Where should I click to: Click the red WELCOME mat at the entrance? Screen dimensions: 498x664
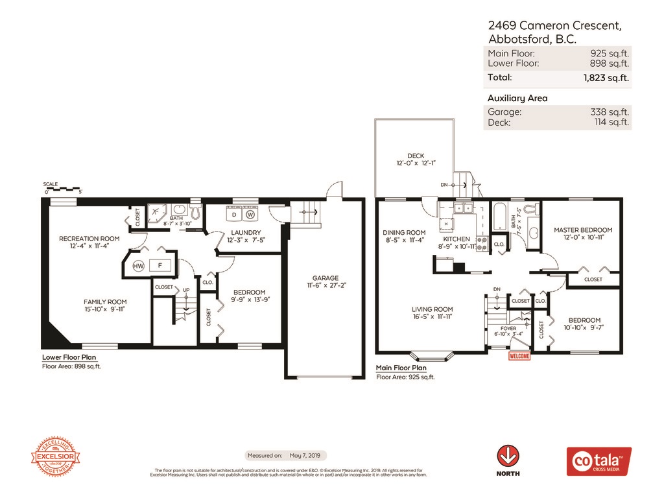pyautogui.click(x=519, y=356)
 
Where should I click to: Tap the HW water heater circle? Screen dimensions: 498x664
pyautogui.click(x=138, y=266)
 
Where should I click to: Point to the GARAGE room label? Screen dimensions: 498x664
pyautogui.click(x=323, y=278)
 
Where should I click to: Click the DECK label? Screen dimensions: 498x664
pyautogui.click(x=416, y=156)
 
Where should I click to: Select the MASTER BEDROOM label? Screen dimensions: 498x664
pyautogui.click(x=582, y=230)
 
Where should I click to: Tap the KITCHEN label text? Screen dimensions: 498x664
pyautogui.click(x=456, y=239)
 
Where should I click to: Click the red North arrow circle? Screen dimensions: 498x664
pyautogui.click(x=507, y=455)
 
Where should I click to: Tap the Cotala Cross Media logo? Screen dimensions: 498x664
pyautogui.click(x=599, y=461)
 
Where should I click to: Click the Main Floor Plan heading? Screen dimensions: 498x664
pyautogui.click(x=401, y=368)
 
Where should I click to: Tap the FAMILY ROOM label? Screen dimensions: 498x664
pyautogui.click(x=104, y=302)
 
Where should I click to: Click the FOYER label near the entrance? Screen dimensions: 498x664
pyautogui.click(x=508, y=329)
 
